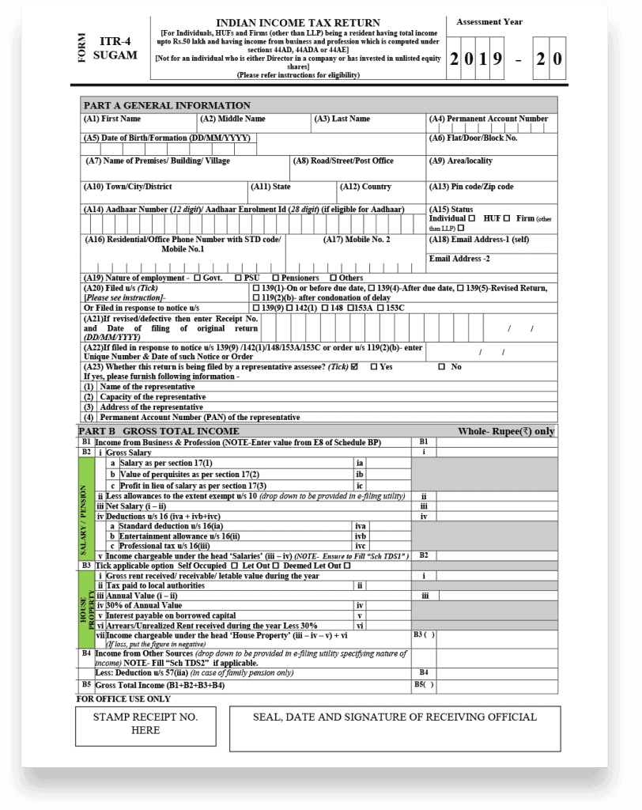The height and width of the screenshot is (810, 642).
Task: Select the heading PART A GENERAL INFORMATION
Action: point(166,105)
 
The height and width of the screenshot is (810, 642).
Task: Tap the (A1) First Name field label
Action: point(112,119)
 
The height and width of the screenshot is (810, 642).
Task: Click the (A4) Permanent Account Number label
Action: point(489,119)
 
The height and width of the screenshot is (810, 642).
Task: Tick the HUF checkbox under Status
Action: point(507,218)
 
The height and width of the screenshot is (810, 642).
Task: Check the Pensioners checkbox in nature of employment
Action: point(275,278)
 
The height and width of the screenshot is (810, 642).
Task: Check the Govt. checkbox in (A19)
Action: point(196,278)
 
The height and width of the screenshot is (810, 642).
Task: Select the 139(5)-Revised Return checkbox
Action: point(461,288)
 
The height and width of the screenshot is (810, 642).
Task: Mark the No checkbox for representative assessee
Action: point(442,367)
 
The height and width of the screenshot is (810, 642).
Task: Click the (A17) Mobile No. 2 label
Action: point(357,239)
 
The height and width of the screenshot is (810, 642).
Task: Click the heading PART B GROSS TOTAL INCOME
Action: point(158,431)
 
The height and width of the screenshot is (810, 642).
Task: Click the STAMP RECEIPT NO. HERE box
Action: point(145,723)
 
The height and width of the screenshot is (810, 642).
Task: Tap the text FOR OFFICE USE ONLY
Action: point(123,698)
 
